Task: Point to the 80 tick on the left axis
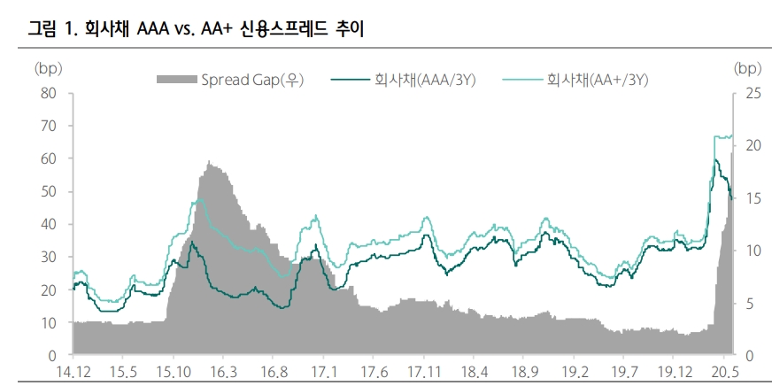pyautogui.click(x=48, y=93)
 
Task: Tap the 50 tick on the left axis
pyautogui.click(x=48, y=191)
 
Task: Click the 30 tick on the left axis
pyautogui.click(x=48, y=257)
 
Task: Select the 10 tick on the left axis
pyautogui.click(x=48, y=322)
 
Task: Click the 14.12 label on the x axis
pyautogui.click(x=73, y=371)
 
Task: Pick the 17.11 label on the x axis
pyautogui.click(x=425, y=371)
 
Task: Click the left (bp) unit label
pyautogui.click(x=47, y=67)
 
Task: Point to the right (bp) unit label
pyautogui.click(x=748, y=67)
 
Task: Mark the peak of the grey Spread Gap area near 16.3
pyautogui.click(x=209, y=162)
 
